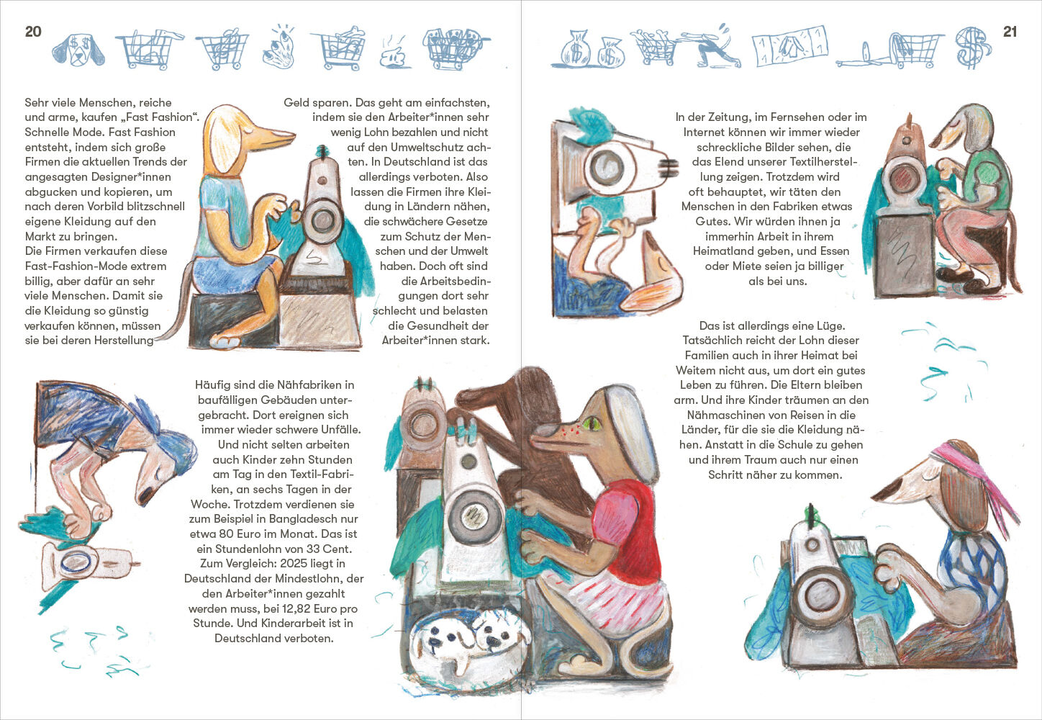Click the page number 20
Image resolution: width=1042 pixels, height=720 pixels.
point(33,32)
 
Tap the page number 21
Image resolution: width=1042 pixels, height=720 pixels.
point(1010,32)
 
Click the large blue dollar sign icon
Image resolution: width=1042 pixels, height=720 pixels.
point(973,48)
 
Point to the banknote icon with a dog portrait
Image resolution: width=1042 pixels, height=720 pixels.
point(790,46)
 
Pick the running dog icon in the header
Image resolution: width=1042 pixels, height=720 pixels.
point(712,47)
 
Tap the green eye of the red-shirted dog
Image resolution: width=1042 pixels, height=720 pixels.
point(592,423)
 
